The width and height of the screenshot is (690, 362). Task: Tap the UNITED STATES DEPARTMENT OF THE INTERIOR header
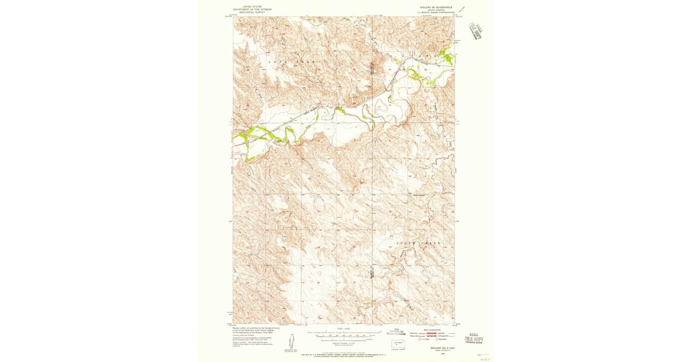point(251,9)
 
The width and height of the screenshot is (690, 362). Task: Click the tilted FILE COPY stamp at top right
point(476,29)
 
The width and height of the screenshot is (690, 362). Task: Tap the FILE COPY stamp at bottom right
point(474,339)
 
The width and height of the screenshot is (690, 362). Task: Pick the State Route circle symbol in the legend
point(437,340)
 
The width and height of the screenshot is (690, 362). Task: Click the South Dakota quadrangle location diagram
point(397,344)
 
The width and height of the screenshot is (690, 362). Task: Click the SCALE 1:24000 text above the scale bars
point(344,329)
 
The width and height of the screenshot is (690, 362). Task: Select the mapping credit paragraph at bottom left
point(251,336)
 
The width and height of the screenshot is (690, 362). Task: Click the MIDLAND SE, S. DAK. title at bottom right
point(436,348)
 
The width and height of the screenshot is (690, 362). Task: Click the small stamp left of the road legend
point(394,331)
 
